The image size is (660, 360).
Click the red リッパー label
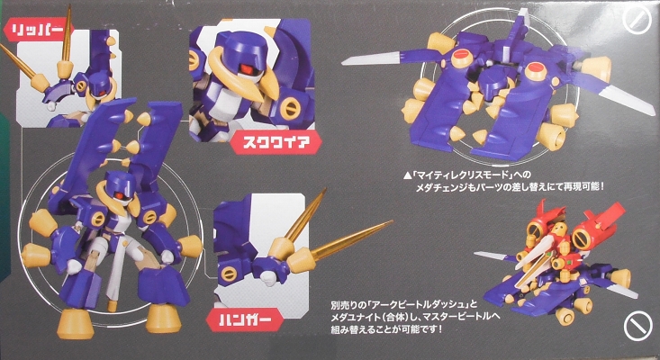(35, 28)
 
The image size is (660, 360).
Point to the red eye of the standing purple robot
(116, 193)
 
